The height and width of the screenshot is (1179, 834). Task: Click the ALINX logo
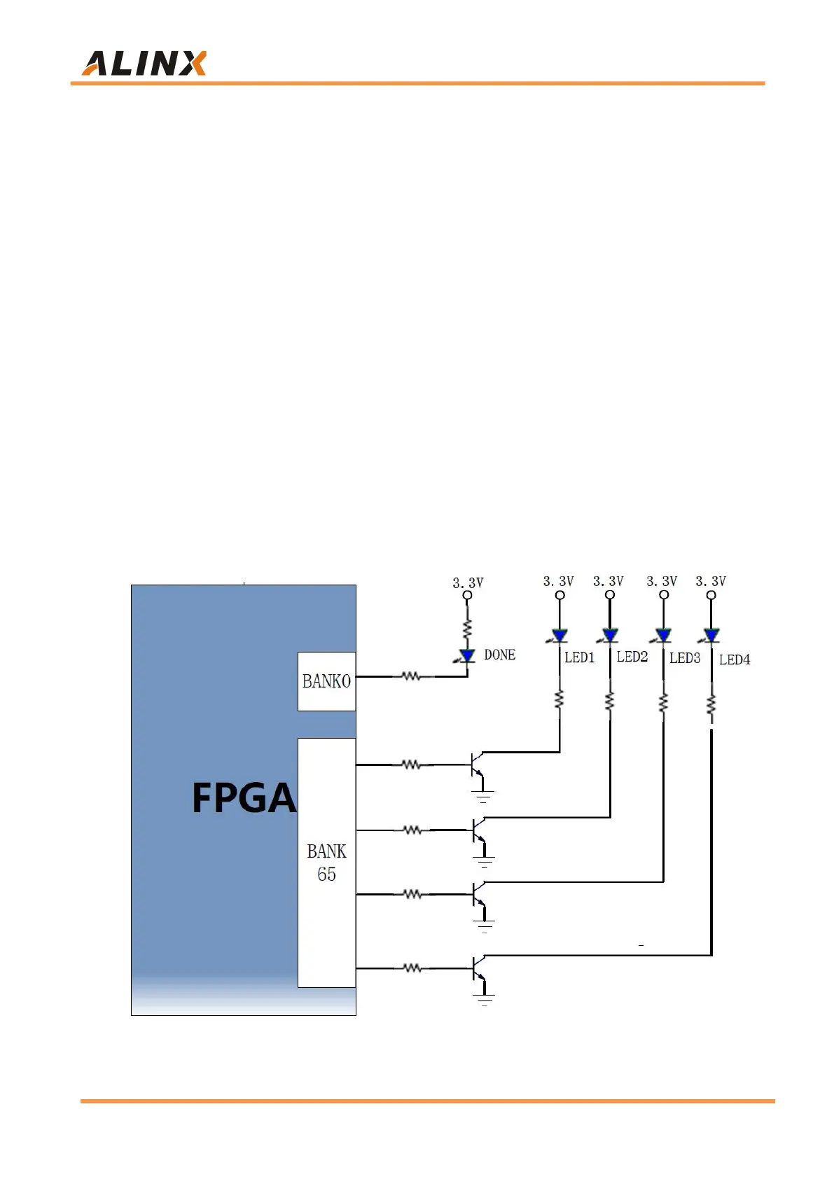tap(144, 63)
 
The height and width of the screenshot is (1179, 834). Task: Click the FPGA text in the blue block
tap(244, 798)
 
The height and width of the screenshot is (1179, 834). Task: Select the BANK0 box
tap(326, 681)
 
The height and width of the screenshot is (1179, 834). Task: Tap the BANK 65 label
tap(326, 863)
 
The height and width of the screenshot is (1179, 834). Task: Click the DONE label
tap(499, 655)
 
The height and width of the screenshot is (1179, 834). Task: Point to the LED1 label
tap(579, 657)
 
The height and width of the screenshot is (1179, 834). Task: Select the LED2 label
tap(632, 657)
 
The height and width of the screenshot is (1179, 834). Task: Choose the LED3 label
tap(684, 658)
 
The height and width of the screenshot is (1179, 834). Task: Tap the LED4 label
tap(734, 660)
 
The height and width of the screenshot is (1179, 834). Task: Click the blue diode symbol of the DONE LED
tap(467, 656)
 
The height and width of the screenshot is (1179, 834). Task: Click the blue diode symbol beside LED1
tap(560, 636)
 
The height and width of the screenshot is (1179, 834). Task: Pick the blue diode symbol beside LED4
tap(711, 636)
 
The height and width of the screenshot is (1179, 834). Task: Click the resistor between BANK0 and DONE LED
tap(411, 676)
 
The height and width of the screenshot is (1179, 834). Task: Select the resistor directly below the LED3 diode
tap(663, 702)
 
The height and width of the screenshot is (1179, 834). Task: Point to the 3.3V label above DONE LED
tap(468, 582)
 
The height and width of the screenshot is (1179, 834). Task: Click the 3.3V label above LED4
tap(710, 581)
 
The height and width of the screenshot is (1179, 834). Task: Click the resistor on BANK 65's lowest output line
tap(412, 968)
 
